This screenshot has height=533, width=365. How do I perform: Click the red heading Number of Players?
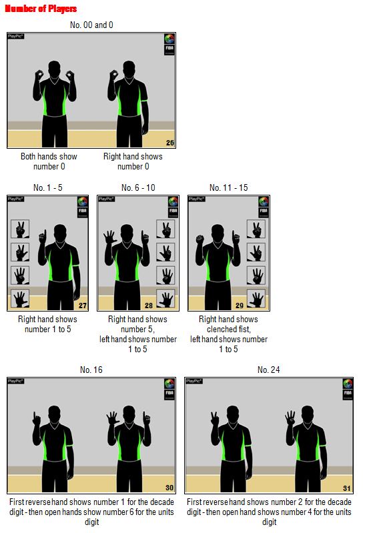click(41, 9)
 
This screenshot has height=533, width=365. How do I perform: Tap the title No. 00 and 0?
click(91, 25)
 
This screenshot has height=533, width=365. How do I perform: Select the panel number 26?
click(170, 143)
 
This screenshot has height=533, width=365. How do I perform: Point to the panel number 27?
click(83, 306)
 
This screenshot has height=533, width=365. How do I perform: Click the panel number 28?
click(149, 306)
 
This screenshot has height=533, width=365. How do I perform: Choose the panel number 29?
click(240, 306)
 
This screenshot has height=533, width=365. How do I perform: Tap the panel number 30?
click(169, 488)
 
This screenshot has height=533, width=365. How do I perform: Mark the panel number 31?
click(346, 488)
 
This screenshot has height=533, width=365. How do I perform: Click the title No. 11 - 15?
click(229, 187)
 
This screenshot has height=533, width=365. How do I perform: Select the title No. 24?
click(269, 370)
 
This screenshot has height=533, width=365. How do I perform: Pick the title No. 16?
click(91, 370)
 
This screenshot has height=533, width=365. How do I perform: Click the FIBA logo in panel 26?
click(169, 44)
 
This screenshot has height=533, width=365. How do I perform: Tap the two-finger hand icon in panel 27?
click(20, 229)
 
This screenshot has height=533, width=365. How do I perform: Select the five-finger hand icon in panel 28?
click(165, 298)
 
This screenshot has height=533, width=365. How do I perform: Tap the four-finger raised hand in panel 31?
click(290, 418)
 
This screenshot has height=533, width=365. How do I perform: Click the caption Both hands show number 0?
click(49, 161)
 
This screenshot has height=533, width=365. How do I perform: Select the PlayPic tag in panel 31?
click(194, 381)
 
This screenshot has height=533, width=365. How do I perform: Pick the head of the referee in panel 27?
click(60, 233)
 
